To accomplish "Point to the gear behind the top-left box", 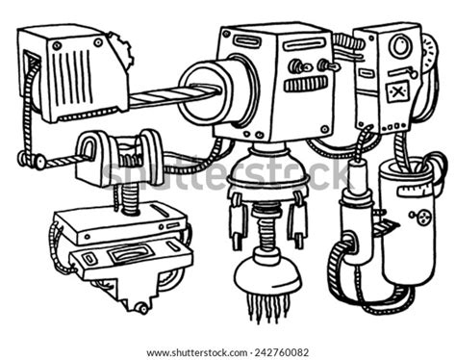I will click(118, 46).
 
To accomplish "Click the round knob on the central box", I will click(296, 66).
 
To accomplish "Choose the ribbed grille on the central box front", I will click(306, 85).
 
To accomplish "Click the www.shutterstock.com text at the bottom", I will click(191, 352).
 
